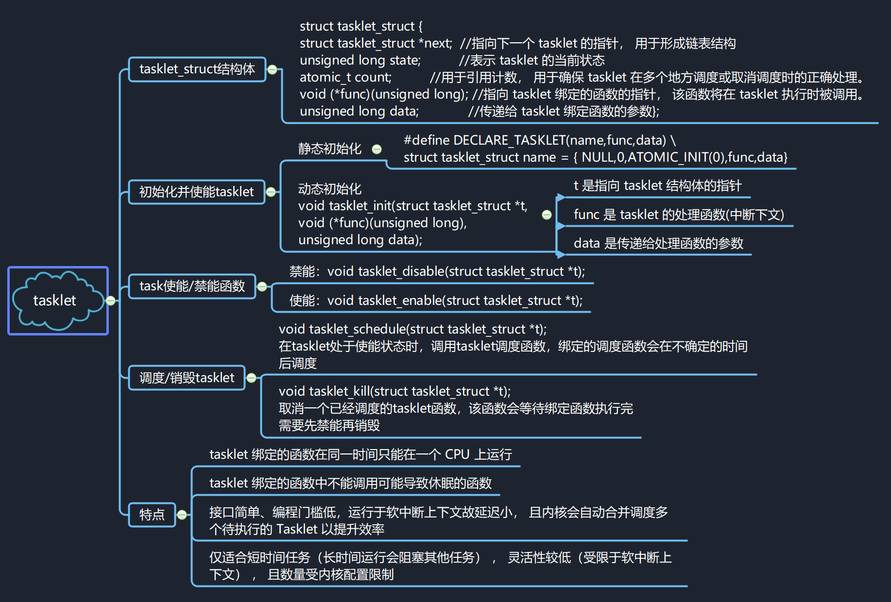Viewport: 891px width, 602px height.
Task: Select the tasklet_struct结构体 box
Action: tap(197, 69)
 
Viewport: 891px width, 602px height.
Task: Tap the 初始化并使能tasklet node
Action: tap(196, 192)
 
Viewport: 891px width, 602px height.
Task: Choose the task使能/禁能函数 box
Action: tap(192, 286)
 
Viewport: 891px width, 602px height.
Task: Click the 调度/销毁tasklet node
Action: tap(187, 378)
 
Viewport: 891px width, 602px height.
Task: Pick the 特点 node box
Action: tap(152, 515)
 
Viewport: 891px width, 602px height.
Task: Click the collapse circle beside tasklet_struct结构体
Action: tap(273, 70)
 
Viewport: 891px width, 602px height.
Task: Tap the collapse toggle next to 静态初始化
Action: tap(377, 150)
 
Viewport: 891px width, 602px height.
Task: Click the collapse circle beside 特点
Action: tap(182, 515)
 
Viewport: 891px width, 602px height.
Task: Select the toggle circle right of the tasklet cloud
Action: tap(111, 301)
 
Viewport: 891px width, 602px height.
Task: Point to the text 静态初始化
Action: tap(329, 149)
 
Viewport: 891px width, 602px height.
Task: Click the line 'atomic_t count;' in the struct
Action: tap(345, 78)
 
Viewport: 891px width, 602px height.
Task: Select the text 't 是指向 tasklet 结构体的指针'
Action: tap(657, 186)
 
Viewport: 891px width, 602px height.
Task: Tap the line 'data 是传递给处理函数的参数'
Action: tap(658, 244)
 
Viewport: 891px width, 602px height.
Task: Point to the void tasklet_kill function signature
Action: tap(394, 392)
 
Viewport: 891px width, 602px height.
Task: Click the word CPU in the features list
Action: tap(457, 454)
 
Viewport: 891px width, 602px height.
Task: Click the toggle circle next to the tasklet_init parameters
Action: tap(547, 215)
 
